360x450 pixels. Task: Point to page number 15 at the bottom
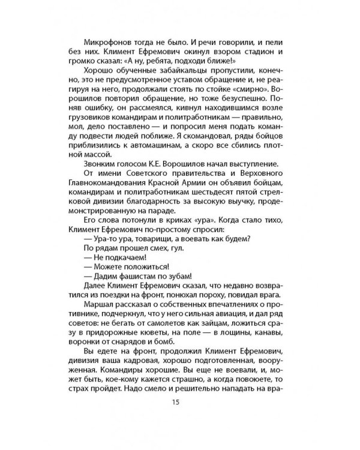tap(175, 419)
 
